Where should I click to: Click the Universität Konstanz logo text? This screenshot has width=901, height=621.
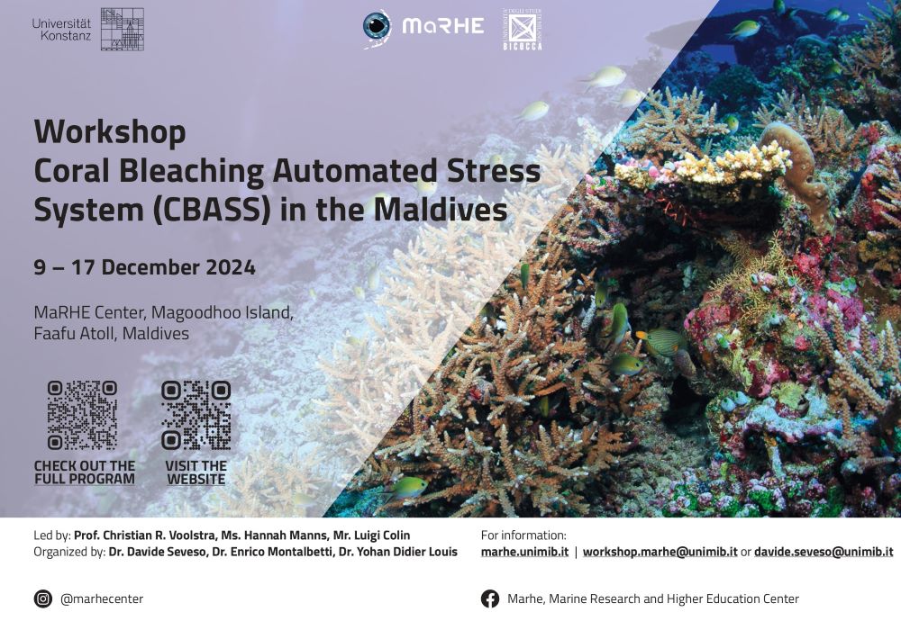[61, 30]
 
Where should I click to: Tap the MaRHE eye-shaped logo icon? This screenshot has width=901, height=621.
[377, 26]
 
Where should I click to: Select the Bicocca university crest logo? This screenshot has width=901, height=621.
[523, 30]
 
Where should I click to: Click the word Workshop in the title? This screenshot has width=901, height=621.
[110, 132]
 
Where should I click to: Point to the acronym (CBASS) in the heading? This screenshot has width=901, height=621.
[212, 210]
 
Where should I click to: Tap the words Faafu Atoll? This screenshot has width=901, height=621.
[76, 334]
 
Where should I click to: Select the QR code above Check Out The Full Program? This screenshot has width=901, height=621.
[82, 415]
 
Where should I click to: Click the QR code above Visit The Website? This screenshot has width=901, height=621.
[196, 415]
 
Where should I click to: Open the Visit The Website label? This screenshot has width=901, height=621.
[196, 472]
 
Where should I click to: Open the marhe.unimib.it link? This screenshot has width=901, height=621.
[524, 552]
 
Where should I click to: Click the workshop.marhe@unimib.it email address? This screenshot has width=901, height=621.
[660, 552]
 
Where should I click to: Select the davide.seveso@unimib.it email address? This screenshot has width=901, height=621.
[824, 552]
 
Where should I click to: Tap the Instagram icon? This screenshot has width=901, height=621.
[43, 598]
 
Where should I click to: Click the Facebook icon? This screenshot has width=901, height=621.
[490, 598]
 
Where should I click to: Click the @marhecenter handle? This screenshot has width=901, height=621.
[102, 599]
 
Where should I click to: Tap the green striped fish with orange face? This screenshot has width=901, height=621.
[660, 342]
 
